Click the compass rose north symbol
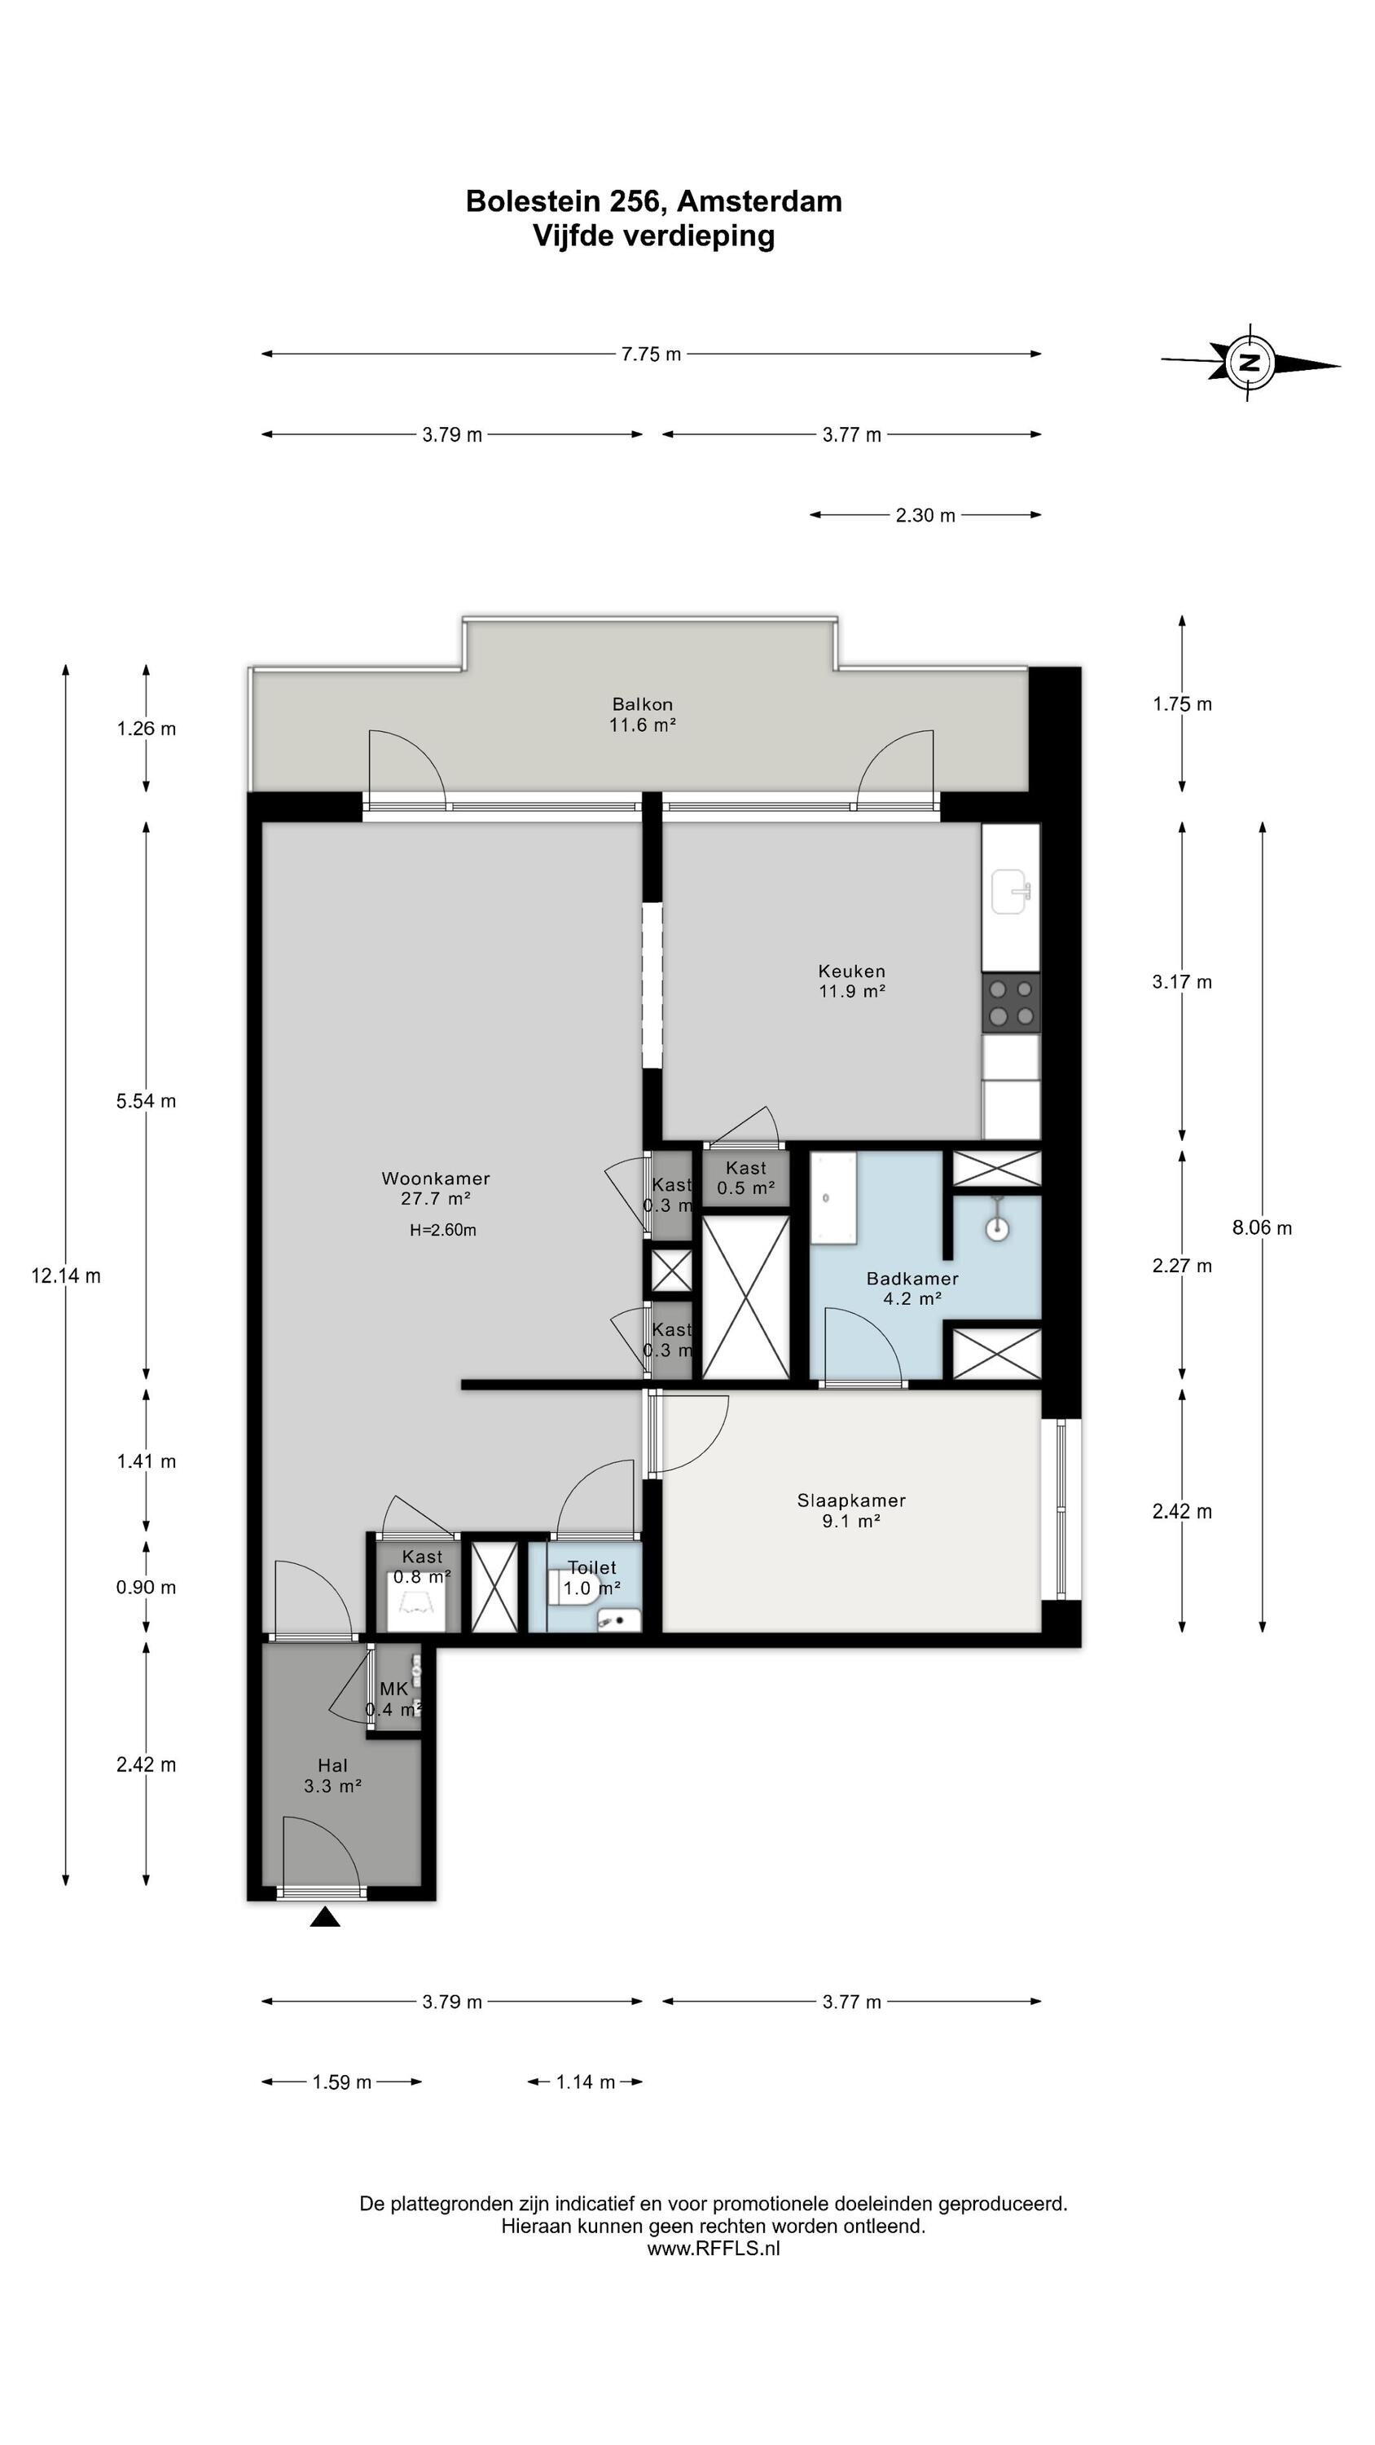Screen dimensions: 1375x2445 click(x=1250, y=362)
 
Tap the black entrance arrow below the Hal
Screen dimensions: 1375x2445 click(x=326, y=1919)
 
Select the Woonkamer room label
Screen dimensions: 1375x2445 click(x=436, y=1178)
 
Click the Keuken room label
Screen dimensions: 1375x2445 click(x=851, y=971)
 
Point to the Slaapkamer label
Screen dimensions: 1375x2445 click(x=851, y=1500)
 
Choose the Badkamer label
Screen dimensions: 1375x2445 click(x=912, y=1279)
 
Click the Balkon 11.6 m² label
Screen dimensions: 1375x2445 click(x=643, y=715)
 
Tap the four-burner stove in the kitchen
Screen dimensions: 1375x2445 click(x=1011, y=1003)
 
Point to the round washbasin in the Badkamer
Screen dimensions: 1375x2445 click(x=996, y=1228)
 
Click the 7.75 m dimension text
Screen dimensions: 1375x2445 click(x=651, y=354)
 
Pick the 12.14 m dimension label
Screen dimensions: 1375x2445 click(x=65, y=1275)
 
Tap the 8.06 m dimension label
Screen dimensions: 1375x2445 click(x=1262, y=1227)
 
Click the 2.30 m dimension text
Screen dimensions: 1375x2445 click(x=925, y=515)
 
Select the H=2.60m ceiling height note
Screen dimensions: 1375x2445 click(x=443, y=1230)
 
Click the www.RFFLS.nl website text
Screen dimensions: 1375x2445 click(x=714, y=2248)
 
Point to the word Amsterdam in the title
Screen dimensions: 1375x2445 click(x=759, y=201)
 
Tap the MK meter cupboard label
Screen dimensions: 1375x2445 click(x=393, y=1689)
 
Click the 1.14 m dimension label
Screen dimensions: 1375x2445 click(x=586, y=2082)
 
